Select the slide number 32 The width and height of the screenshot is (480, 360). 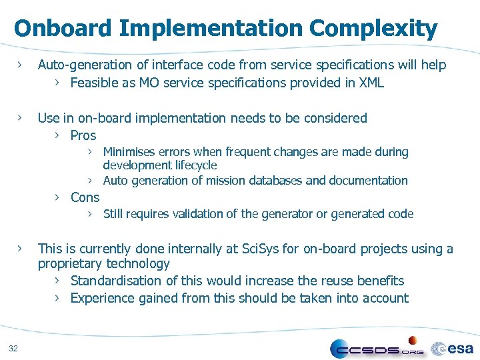[x=14, y=347]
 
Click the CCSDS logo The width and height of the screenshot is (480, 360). [x=377, y=347]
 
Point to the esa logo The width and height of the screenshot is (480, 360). [x=453, y=348]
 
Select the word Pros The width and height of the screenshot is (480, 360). [x=83, y=135]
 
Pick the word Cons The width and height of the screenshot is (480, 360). [x=85, y=197]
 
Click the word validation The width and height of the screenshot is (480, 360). [x=199, y=213]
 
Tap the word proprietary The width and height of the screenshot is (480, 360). [x=72, y=263]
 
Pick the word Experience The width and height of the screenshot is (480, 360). [x=103, y=298]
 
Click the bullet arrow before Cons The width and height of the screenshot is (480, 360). [x=58, y=197]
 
